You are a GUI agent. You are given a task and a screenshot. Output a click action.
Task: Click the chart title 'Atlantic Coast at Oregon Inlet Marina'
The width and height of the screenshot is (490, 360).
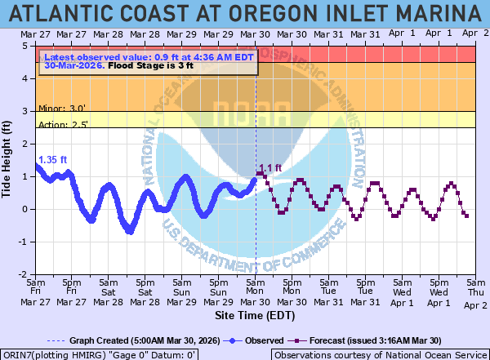[245, 14]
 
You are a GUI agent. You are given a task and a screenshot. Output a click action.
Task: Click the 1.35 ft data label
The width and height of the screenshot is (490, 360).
[52, 160]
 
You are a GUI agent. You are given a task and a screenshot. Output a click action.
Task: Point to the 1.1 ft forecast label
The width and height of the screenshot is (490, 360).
[270, 169]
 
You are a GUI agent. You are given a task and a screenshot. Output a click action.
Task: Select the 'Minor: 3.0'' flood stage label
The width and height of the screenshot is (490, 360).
[63, 107]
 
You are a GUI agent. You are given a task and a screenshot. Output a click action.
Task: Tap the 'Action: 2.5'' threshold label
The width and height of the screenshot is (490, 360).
[64, 124]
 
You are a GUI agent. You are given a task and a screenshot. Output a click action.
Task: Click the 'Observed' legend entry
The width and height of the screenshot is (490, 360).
[262, 340]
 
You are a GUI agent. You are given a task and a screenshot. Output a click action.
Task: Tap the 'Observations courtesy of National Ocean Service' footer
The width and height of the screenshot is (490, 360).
[379, 355]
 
